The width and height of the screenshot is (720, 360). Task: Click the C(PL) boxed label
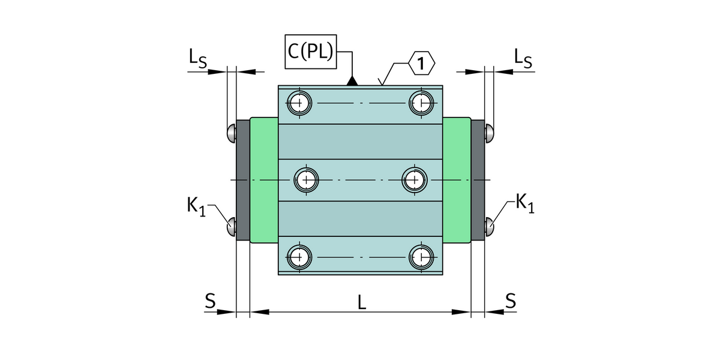(310, 51)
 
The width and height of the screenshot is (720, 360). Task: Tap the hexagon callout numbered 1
(422, 64)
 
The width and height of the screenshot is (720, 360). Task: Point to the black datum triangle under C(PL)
(353, 81)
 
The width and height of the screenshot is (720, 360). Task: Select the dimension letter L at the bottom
(361, 303)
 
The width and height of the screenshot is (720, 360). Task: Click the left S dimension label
(210, 301)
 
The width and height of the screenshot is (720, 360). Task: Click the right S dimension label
(510, 301)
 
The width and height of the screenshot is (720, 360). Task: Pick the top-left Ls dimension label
(198, 58)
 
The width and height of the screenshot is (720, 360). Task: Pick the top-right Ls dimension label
(523, 58)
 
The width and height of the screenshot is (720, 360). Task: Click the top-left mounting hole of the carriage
(299, 103)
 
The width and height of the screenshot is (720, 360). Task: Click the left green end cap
(264, 180)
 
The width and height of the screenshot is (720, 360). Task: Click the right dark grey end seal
(478, 180)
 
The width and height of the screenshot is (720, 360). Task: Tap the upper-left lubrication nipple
(231, 133)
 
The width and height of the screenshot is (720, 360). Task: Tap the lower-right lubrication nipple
(490, 226)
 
